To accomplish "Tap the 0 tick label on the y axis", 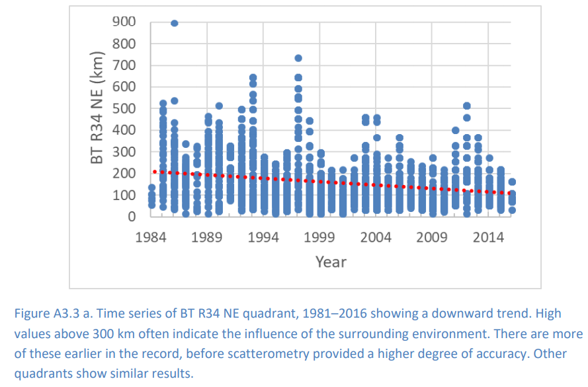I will [x=132, y=217].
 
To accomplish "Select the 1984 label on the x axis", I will [x=151, y=237].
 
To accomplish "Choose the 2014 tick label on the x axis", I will [x=489, y=237].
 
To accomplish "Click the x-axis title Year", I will [x=331, y=262].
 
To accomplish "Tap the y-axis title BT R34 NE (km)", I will [x=97, y=119].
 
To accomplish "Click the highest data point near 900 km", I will [x=175, y=23].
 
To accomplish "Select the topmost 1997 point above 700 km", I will [x=298, y=58].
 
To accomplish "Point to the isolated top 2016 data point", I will [x=512, y=182].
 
